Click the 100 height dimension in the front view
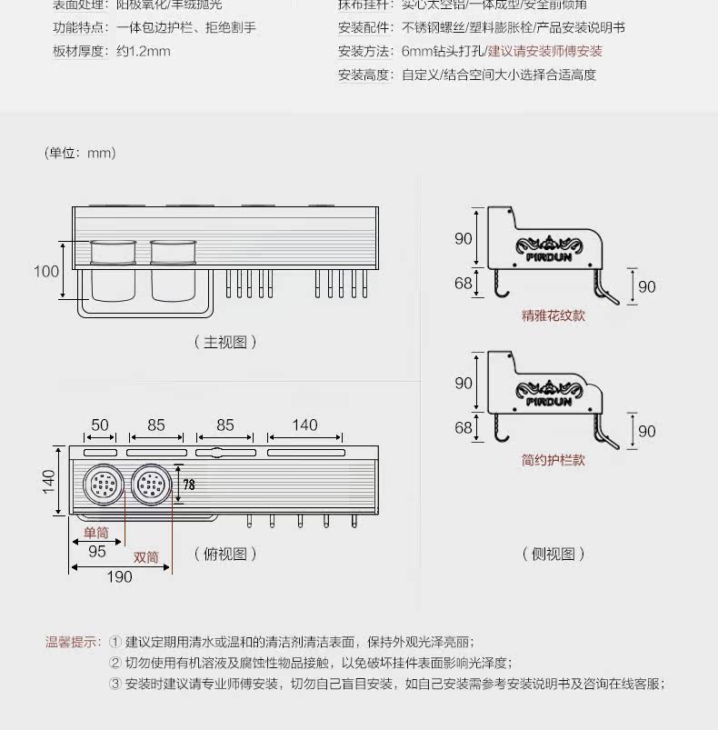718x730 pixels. coord(46,271)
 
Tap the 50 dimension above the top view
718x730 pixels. coord(100,425)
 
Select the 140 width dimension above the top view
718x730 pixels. coord(305,425)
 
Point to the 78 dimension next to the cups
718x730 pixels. coord(189,485)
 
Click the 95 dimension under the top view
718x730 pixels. coord(97,551)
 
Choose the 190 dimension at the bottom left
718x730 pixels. coord(120,577)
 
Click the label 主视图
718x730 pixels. coord(225,342)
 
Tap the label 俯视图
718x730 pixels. coord(225,554)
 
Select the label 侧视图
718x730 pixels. coord(553,554)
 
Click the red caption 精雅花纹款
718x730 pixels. coord(553,316)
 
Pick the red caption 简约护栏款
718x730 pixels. coord(553,460)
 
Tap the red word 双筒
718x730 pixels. coord(146,556)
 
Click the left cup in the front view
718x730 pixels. coord(113,270)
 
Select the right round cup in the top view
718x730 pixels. coord(151,485)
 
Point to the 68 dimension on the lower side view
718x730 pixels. coord(464,427)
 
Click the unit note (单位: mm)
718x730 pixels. coord(81,153)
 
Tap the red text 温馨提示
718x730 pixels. coord(73,642)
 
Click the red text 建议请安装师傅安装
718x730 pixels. coord(544,52)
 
